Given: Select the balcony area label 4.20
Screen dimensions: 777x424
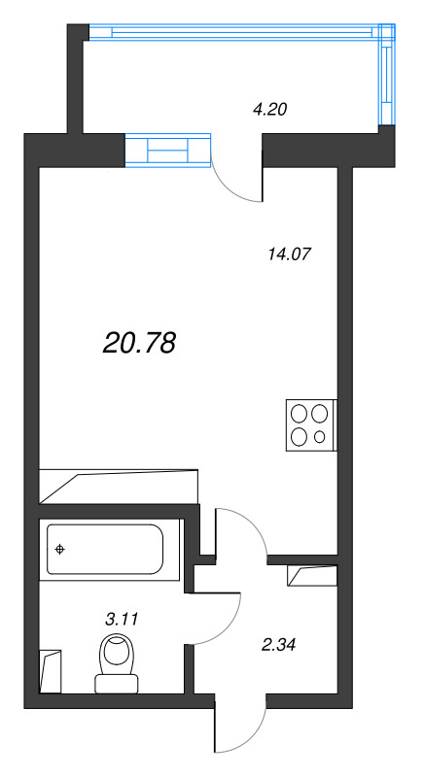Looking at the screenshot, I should [269, 110].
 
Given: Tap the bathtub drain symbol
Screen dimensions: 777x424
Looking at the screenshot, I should [60, 551].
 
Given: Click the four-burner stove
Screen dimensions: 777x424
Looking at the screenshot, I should [309, 424].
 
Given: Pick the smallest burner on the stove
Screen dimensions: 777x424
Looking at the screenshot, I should [320, 436].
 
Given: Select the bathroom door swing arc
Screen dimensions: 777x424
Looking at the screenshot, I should [220, 622].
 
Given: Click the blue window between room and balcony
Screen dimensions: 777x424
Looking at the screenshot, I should [167, 151].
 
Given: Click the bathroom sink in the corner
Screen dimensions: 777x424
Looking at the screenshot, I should [51, 670].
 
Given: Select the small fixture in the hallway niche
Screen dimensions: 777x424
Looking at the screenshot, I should [311, 575].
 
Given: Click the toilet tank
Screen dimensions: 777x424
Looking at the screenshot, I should [116, 685].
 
